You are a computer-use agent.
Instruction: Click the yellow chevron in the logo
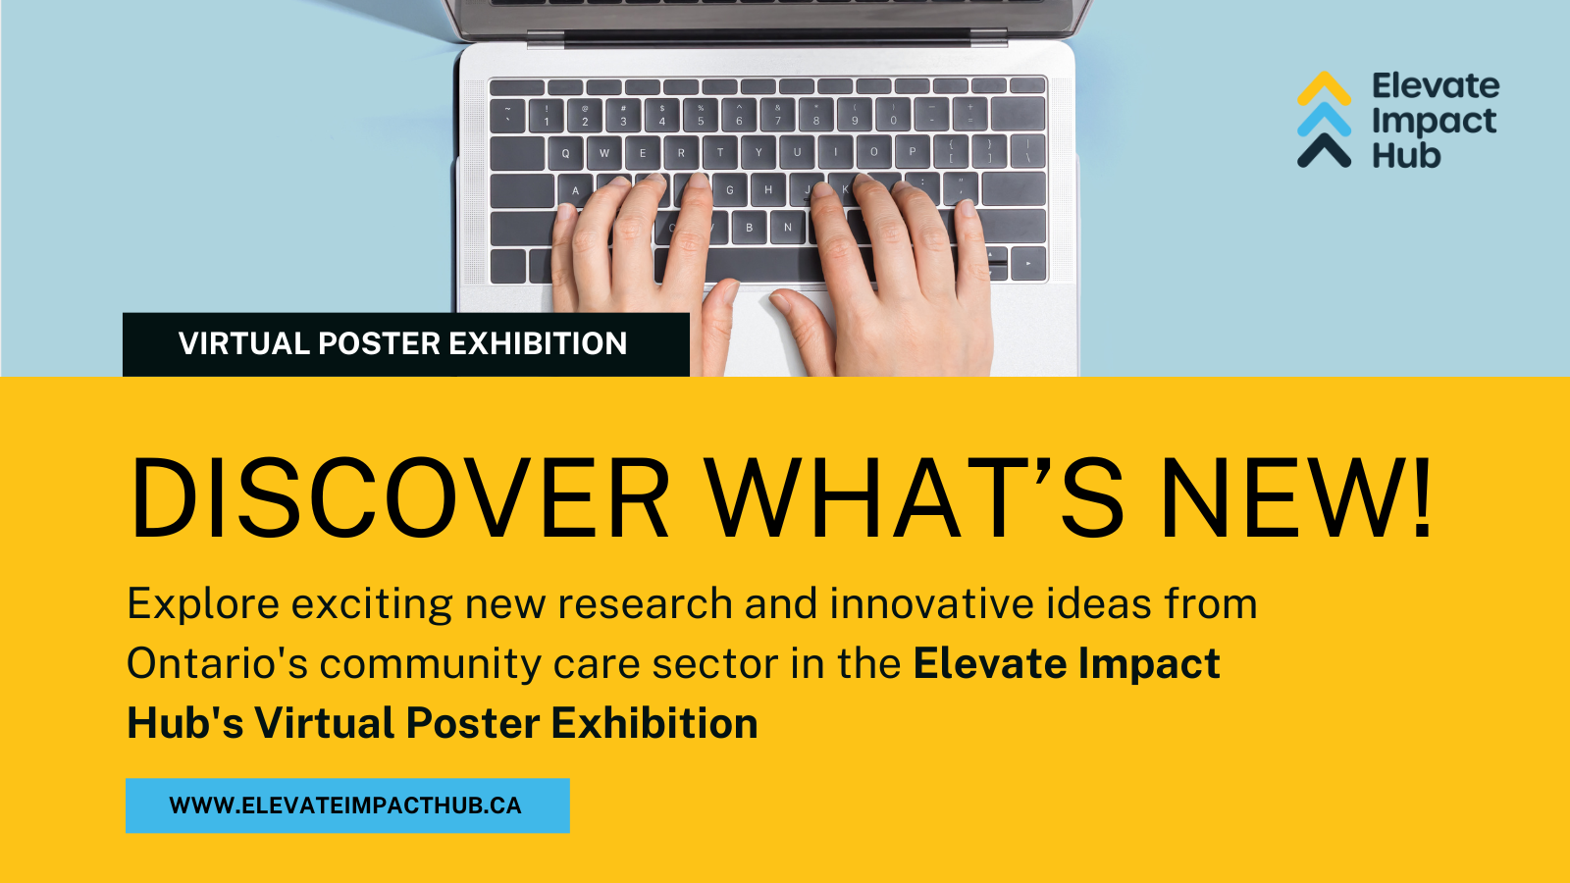click(x=1324, y=87)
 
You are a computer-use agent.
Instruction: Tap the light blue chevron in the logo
click(x=1324, y=119)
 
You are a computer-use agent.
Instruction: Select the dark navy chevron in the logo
click(x=1324, y=150)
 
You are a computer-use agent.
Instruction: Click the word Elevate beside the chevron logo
click(x=1436, y=86)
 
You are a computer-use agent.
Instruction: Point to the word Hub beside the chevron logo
click(x=1406, y=155)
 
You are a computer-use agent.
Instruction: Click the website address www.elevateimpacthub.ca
click(x=345, y=805)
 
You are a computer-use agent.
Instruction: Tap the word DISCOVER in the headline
click(x=398, y=497)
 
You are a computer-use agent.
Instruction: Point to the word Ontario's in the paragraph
click(x=217, y=663)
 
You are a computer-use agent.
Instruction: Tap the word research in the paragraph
click(x=645, y=603)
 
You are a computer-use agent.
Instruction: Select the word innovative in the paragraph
click(x=931, y=603)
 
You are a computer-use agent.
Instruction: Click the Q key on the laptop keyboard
click(x=565, y=153)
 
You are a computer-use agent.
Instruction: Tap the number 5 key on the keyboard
click(x=701, y=115)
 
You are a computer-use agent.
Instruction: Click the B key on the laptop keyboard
click(x=750, y=227)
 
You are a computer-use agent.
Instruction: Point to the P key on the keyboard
click(x=912, y=151)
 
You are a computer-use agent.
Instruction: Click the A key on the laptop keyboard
click(x=575, y=190)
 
